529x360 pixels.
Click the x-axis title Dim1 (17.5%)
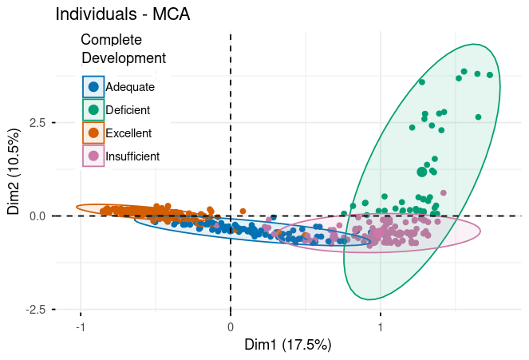pyautogui.click(x=278, y=345)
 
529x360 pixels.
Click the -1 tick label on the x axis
pyautogui.click(x=80, y=326)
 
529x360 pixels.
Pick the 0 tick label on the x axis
pyautogui.click(x=231, y=326)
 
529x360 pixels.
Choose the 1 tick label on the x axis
pyautogui.click(x=381, y=326)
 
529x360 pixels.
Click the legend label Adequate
pyautogui.click(x=130, y=86)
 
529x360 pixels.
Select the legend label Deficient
pyautogui.click(x=128, y=109)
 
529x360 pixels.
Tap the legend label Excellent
pyautogui.click(x=128, y=133)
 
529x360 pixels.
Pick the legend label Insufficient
pyautogui.click(x=132, y=156)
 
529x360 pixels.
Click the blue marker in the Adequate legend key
pyautogui.click(x=93, y=86)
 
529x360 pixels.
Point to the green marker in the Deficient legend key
pyautogui.click(x=93, y=109)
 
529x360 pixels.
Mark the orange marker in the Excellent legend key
pyautogui.click(x=93, y=133)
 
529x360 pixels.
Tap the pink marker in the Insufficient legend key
pyautogui.click(x=93, y=156)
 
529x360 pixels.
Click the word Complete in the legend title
pyautogui.click(x=112, y=39)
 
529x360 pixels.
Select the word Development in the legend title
pyautogui.click(x=124, y=57)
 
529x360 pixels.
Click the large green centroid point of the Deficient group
pyautogui.click(x=422, y=172)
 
